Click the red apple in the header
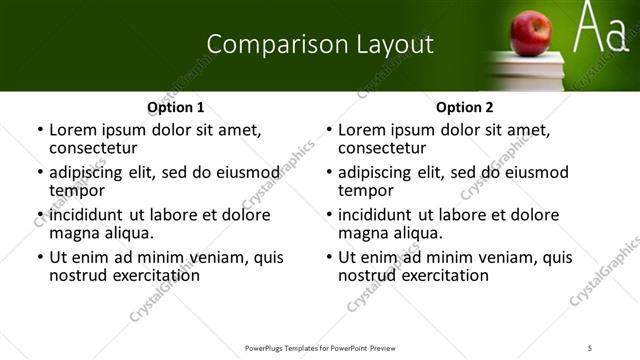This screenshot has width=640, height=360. pos(530,34)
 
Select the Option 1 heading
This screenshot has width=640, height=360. pos(176,107)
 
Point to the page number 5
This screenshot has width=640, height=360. pos(591,347)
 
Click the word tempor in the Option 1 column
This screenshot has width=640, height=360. pos(76,190)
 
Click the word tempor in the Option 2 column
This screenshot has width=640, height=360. pos(365,190)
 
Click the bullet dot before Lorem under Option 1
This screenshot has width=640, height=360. pos(39,130)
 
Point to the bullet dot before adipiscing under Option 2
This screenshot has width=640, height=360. pos(328,173)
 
